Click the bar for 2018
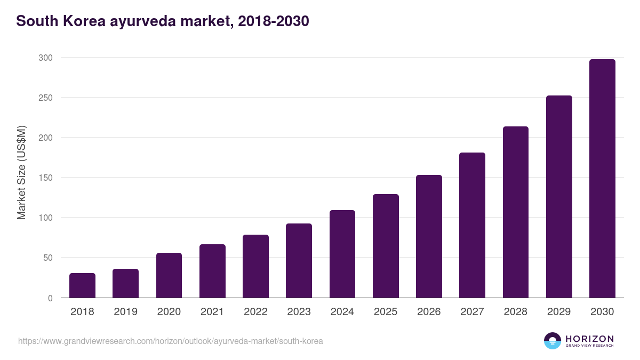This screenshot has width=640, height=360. pyautogui.click(x=82, y=285)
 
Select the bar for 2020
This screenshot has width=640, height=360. pyautogui.click(x=169, y=275)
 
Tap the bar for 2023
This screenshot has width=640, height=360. pyautogui.click(x=299, y=261)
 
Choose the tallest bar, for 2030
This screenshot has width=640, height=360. pyautogui.click(x=602, y=179)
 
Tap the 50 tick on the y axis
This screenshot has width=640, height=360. pyautogui.click(x=48, y=258)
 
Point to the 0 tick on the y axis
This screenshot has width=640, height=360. pyautogui.click(x=50, y=298)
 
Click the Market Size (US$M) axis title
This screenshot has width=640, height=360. pyautogui.click(x=21, y=172)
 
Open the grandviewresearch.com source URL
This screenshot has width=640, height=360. pyautogui.click(x=171, y=341)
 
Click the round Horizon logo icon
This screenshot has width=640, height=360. pyautogui.click(x=553, y=341)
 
